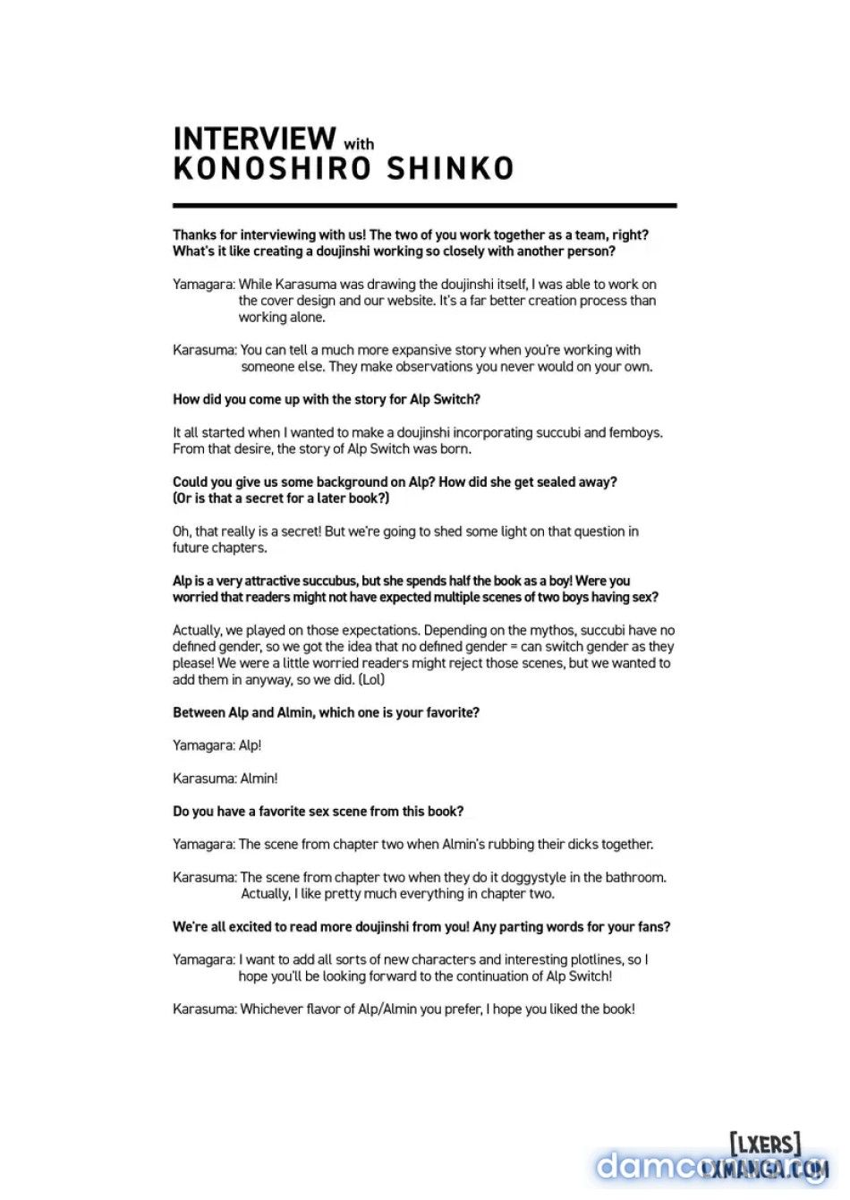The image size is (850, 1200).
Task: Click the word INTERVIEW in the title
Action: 254,139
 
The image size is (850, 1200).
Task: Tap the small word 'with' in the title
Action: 359,144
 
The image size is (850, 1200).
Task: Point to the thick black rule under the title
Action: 424,206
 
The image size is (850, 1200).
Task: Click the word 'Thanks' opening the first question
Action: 194,235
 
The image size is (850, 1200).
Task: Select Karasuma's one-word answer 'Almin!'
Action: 259,779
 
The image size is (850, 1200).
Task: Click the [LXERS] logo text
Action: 765,1143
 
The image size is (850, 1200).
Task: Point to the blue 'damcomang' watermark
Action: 680,1167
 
